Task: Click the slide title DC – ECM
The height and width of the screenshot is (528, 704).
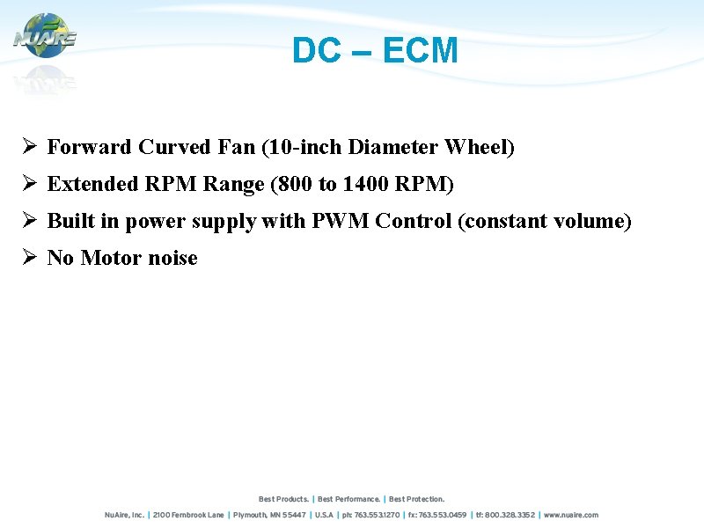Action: click(375, 51)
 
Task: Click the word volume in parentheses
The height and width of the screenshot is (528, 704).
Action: click(591, 221)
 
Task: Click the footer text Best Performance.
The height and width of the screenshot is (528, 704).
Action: click(349, 499)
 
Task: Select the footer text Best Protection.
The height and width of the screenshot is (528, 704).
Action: click(417, 499)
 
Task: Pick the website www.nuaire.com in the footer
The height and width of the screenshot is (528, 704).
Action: click(571, 515)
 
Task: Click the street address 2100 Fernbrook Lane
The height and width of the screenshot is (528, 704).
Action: click(188, 515)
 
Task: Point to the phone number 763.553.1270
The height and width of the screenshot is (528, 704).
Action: click(378, 515)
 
